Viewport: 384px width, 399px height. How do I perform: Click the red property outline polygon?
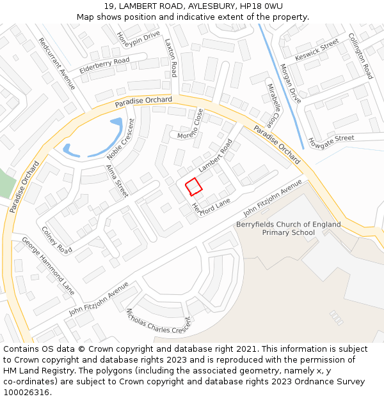click(x=193, y=186)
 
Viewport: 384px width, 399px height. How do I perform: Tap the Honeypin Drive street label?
click(x=138, y=43)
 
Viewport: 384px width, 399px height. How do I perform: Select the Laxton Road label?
click(x=170, y=57)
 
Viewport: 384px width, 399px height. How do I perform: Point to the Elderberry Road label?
click(x=104, y=65)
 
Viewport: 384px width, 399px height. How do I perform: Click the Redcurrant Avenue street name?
click(x=56, y=63)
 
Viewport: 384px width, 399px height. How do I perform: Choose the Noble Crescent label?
click(x=121, y=139)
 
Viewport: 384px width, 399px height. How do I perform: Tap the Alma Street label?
click(x=116, y=179)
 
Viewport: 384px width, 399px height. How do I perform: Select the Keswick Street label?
click(x=316, y=50)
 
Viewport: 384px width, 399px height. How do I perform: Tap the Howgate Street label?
click(x=331, y=139)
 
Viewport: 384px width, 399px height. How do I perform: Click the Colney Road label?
click(x=57, y=239)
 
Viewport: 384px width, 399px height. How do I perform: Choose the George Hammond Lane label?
click(x=48, y=266)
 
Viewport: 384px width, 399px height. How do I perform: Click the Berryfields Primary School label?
click(x=288, y=229)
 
